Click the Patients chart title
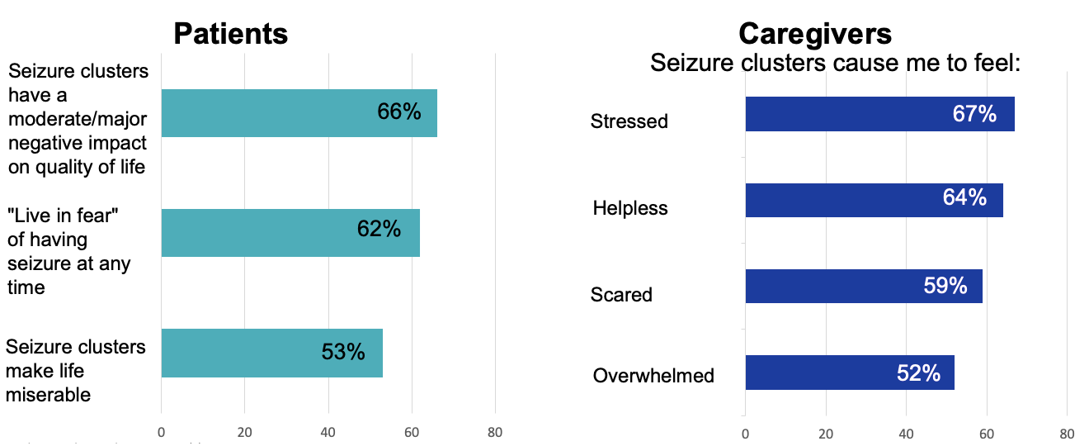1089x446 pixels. click(230, 34)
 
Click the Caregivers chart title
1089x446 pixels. click(814, 34)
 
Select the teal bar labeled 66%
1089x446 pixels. click(299, 113)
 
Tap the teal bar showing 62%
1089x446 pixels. click(290, 232)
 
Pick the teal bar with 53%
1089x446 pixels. click(271, 353)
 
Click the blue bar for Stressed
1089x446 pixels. click(879, 114)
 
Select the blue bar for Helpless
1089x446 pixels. click(874, 200)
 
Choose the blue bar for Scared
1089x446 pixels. click(863, 286)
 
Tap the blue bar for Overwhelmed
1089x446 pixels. click(849, 372)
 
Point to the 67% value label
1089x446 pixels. click(974, 114)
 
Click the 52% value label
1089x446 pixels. click(918, 373)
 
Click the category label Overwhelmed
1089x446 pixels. click(653, 376)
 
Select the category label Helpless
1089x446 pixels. click(630, 208)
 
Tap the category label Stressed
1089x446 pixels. click(629, 121)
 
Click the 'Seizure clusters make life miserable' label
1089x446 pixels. click(75, 371)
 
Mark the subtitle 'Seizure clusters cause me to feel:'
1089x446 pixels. click(836, 63)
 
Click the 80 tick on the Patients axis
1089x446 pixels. click(495, 431)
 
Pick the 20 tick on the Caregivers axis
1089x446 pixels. click(825, 433)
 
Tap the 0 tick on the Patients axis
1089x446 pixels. click(161, 431)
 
